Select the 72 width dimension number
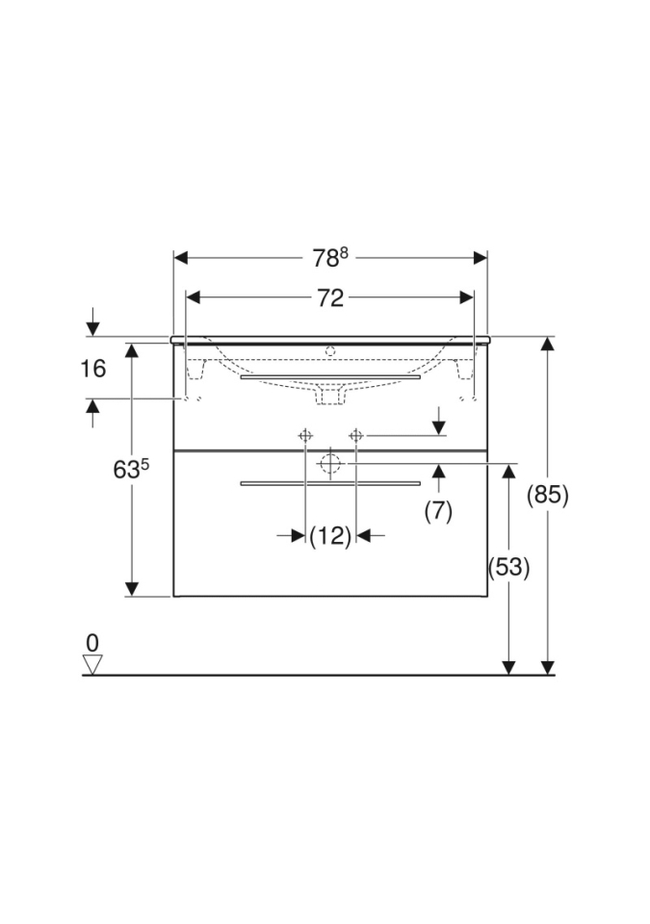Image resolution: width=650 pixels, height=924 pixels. pyautogui.click(x=329, y=298)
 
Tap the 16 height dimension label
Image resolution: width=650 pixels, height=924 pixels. pyautogui.click(x=93, y=369)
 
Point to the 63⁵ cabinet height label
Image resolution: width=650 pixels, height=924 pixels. pyautogui.click(x=131, y=470)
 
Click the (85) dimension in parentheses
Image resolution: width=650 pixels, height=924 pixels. pyautogui.click(x=548, y=495)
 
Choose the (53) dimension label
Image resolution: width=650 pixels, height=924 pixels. pyautogui.click(x=508, y=567)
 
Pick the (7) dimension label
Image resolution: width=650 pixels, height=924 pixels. pyautogui.click(x=438, y=511)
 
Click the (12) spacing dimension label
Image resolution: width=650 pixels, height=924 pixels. pyautogui.click(x=330, y=536)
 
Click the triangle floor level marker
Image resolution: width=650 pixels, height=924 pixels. pyautogui.click(x=92, y=664)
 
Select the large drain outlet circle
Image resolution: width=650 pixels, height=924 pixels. pyautogui.click(x=329, y=464)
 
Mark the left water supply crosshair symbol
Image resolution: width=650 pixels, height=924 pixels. pyautogui.click(x=305, y=436)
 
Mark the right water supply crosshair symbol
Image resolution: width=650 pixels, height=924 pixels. pyautogui.click(x=355, y=436)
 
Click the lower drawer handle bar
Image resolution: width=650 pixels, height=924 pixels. pyautogui.click(x=330, y=482)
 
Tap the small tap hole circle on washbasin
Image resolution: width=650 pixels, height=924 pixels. pyautogui.click(x=330, y=349)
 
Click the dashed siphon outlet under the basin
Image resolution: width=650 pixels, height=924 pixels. pyautogui.click(x=330, y=394)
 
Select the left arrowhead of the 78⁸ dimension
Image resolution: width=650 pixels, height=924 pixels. pyautogui.click(x=180, y=258)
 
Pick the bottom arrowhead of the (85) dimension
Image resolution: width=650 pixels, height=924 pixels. pyautogui.click(x=548, y=667)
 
